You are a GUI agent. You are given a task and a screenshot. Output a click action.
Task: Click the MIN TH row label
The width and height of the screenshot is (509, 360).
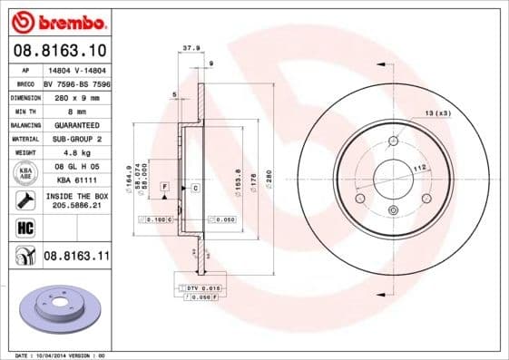[x=24, y=109]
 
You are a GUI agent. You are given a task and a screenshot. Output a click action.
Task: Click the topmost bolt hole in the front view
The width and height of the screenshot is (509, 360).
[x=393, y=141]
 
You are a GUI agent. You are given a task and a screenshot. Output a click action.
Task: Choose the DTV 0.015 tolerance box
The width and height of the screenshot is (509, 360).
[x=198, y=287]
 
